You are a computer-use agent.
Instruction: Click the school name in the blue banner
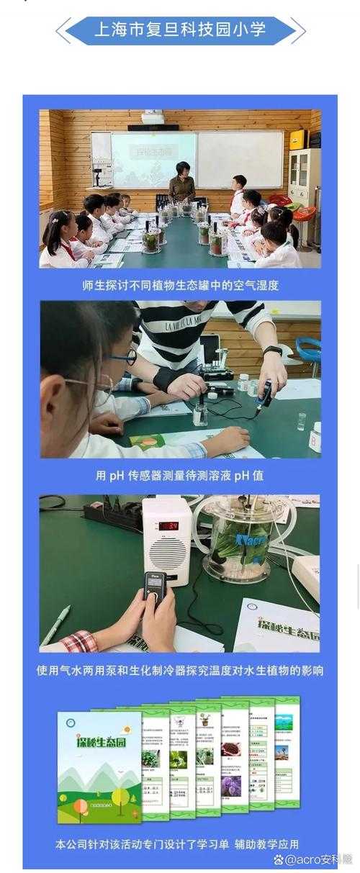[x=180, y=30]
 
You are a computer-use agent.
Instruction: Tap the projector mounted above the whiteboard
[x=152, y=118]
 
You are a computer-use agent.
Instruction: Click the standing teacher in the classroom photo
[x=181, y=184]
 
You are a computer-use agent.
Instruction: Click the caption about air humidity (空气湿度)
[x=180, y=285]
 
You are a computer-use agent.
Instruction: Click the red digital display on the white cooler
[x=168, y=525]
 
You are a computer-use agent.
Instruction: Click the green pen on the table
[x=55, y=625]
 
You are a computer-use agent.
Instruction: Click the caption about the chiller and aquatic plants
[x=180, y=670]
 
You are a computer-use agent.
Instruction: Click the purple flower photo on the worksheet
[x=230, y=786]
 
